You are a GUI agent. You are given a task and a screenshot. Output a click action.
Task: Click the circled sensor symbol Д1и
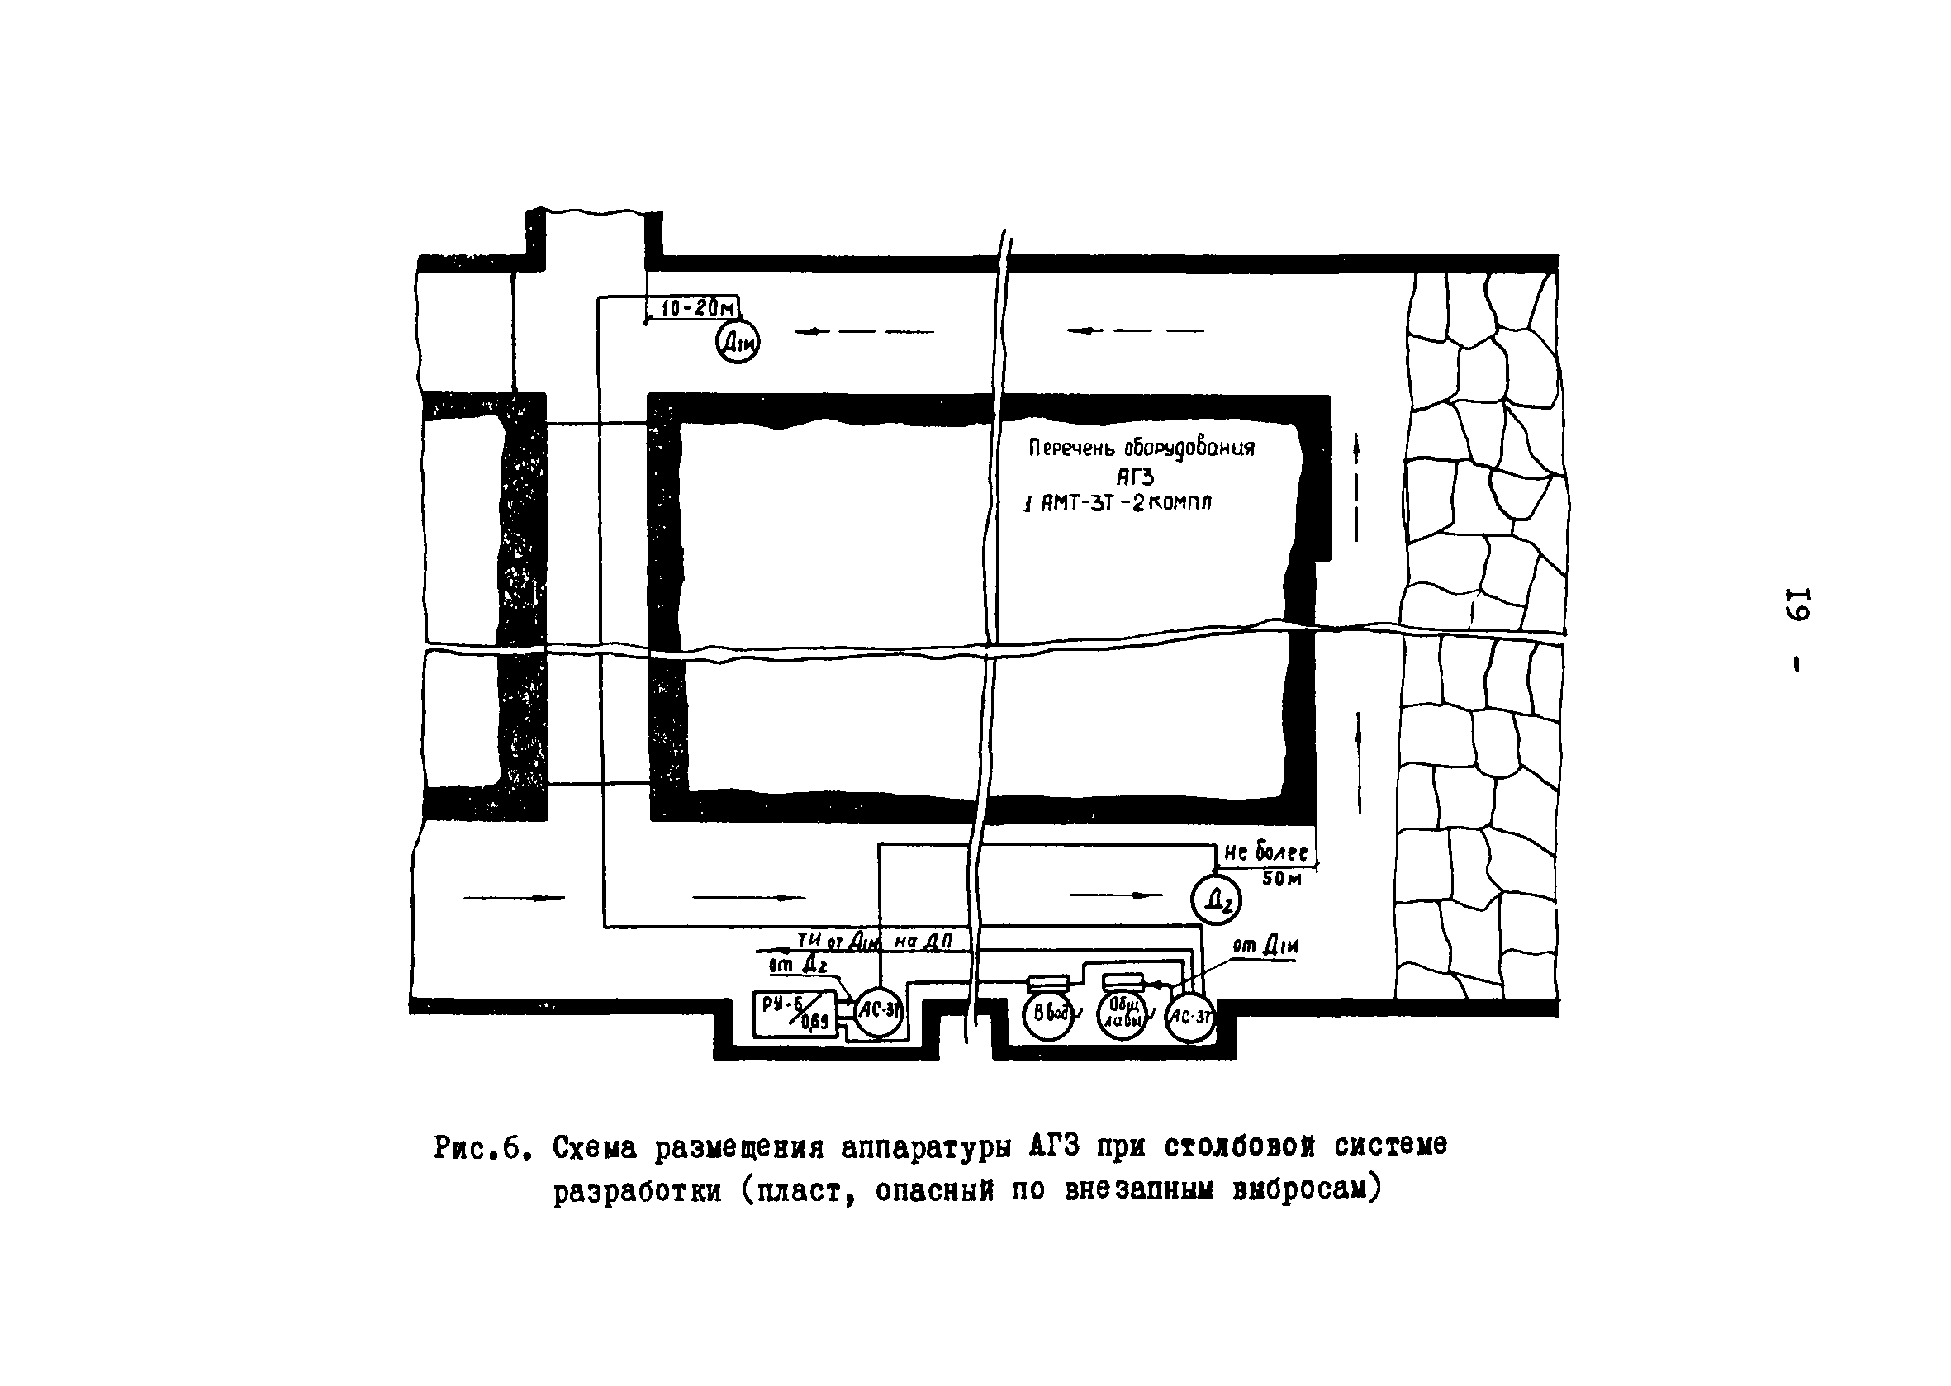click(737, 341)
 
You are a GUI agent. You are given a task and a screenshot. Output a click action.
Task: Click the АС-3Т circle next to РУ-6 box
click(879, 1012)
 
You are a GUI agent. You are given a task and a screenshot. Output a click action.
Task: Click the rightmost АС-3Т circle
click(1189, 1017)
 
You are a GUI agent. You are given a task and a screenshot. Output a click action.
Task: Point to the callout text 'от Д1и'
click(1266, 946)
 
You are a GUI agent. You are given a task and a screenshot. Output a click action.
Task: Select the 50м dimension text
click(1281, 878)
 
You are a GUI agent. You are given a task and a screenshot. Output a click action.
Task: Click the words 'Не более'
click(1265, 852)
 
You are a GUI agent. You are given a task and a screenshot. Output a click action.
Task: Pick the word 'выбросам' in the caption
click(1306, 1189)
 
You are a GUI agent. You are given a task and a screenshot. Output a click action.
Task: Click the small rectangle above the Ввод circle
click(1048, 982)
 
